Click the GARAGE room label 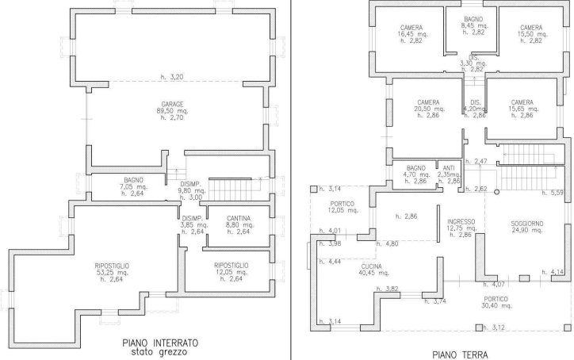coord(172,105)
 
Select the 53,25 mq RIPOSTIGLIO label coord(112,265)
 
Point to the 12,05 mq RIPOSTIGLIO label coord(232,265)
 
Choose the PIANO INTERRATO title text coord(161,342)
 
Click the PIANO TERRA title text coord(460,354)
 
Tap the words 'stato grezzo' coord(161,351)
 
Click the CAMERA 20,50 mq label coord(429,103)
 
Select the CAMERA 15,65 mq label coord(522,103)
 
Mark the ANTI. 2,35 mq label coord(449,168)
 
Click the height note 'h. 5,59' coord(556,193)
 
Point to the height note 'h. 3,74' coord(437,301)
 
